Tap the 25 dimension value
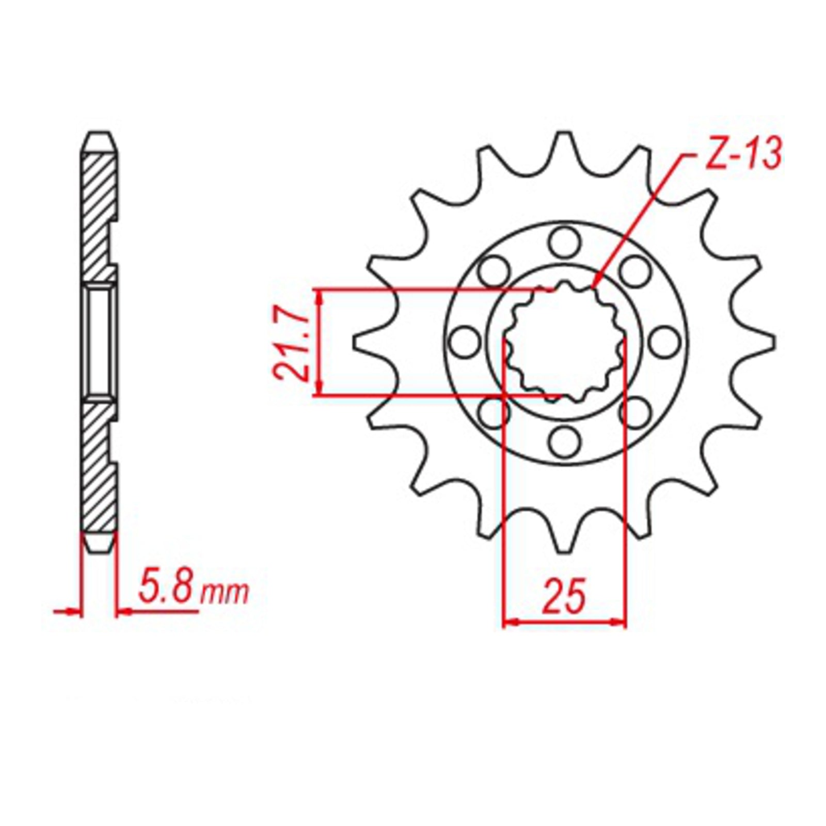[565, 595]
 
